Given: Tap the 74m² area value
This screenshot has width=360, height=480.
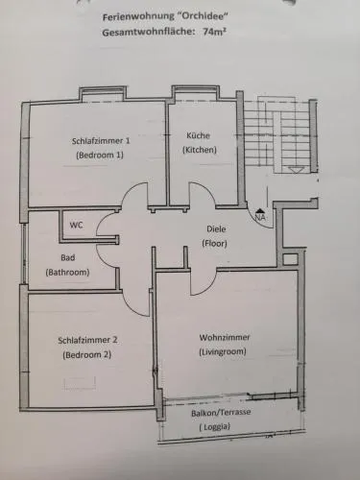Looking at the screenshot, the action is (213, 32).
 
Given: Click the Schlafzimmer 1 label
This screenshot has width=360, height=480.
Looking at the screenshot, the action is (101, 141).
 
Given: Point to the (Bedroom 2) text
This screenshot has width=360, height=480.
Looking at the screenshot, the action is (87, 355).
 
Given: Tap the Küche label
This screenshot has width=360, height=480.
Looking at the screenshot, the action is (199, 135).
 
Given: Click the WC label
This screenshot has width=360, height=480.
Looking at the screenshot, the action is (76, 225).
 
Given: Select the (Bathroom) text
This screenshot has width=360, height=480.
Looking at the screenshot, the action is (67, 273).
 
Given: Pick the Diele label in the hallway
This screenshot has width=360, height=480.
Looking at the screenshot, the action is (216, 229).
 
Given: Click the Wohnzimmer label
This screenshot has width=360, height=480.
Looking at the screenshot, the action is (225, 337).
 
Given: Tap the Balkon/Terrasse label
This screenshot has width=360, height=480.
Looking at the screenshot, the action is (221, 413).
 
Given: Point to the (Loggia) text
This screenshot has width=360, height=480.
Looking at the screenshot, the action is (215, 427).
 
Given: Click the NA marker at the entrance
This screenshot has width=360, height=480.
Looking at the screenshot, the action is (260, 217).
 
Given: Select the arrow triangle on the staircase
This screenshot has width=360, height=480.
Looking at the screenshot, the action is (295, 170).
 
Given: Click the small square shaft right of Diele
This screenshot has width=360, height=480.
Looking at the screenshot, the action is (291, 259).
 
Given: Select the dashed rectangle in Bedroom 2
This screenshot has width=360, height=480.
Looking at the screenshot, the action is (80, 383).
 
